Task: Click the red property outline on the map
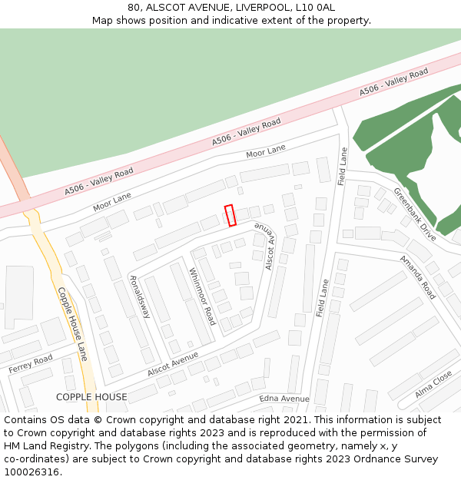pyautogui.click(x=230, y=215)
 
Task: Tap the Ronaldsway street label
pyautogui.click(x=139, y=297)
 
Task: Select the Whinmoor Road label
pyautogui.click(x=202, y=296)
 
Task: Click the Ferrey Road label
pyautogui.click(x=31, y=364)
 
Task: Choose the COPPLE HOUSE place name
pyautogui.click(x=91, y=397)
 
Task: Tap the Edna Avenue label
pyautogui.click(x=284, y=399)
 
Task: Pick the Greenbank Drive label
pyautogui.click(x=415, y=215)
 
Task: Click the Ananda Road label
pyautogui.click(x=417, y=276)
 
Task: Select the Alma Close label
pyautogui.click(x=433, y=383)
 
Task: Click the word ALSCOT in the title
pyautogui.click(x=167, y=7)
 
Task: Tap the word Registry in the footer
pyautogui.click(x=62, y=446)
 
